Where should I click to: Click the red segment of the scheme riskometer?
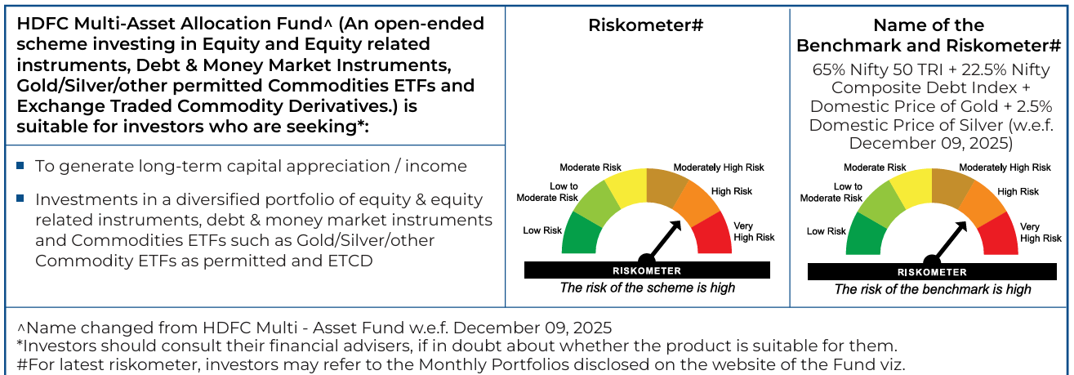pos(715,236)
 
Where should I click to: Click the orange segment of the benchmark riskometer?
pos(983,203)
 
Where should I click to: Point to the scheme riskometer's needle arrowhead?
pos(676,225)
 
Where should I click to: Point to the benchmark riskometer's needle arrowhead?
pos(961,227)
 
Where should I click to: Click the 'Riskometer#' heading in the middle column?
pos(645,25)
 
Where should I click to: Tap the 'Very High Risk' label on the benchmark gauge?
pos(1041,233)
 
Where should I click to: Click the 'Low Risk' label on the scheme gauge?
pos(542,230)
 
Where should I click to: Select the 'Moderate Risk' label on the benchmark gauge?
pos(875,167)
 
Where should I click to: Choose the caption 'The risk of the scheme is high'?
pos(648,288)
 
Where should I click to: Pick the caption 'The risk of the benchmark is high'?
pos(933,289)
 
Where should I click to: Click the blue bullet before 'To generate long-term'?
pos(20,165)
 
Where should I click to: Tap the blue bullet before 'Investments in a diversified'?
pos(20,198)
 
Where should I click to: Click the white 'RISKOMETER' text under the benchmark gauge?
pos(932,272)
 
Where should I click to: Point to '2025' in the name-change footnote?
pos(592,328)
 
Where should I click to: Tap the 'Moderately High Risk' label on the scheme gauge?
pos(719,167)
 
